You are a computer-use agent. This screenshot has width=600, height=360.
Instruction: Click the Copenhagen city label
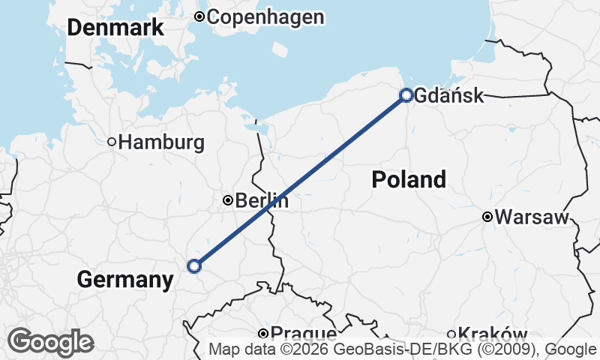pos(265,17)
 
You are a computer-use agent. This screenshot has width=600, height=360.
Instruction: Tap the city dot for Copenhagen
pos(199,16)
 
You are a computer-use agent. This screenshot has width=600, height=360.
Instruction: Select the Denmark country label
pos(115,28)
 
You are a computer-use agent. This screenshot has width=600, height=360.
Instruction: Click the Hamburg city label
pos(161,142)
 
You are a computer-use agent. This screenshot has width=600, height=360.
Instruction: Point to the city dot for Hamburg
pos(112,142)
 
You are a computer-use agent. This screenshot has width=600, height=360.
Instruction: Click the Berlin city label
pos(262,201)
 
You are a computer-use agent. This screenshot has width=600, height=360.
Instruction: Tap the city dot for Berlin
pos(228,200)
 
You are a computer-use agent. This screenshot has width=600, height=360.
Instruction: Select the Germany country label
pos(124,280)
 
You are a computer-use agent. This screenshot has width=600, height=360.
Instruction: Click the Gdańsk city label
pos(448,95)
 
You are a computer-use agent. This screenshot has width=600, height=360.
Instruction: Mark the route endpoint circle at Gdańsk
pos(406,95)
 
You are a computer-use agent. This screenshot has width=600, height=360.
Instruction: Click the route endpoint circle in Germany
pos(194,265)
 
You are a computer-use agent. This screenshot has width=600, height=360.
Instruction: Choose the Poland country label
pos(409,179)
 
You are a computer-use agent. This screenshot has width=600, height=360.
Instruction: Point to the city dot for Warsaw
pos(487,217)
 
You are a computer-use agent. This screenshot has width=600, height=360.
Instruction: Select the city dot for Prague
pos(263,334)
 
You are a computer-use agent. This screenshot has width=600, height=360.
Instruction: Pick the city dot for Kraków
pos(451,334)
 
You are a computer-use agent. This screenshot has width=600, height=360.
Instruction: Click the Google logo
pos(50,342)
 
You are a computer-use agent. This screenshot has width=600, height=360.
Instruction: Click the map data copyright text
pos(403,349)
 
